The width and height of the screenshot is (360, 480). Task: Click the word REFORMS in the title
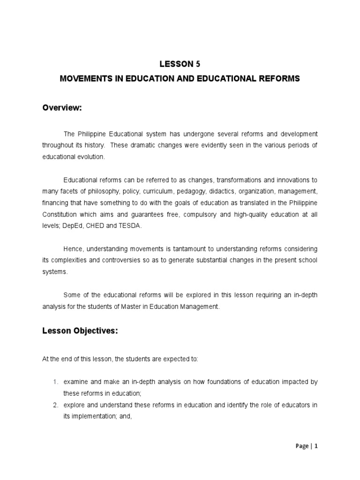point(279,79)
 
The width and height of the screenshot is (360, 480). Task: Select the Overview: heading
point(62,108)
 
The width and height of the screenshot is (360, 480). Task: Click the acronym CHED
point(97,225)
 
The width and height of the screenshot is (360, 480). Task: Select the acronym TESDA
point(129,225)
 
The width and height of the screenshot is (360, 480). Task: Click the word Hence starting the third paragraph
point(74,248)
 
